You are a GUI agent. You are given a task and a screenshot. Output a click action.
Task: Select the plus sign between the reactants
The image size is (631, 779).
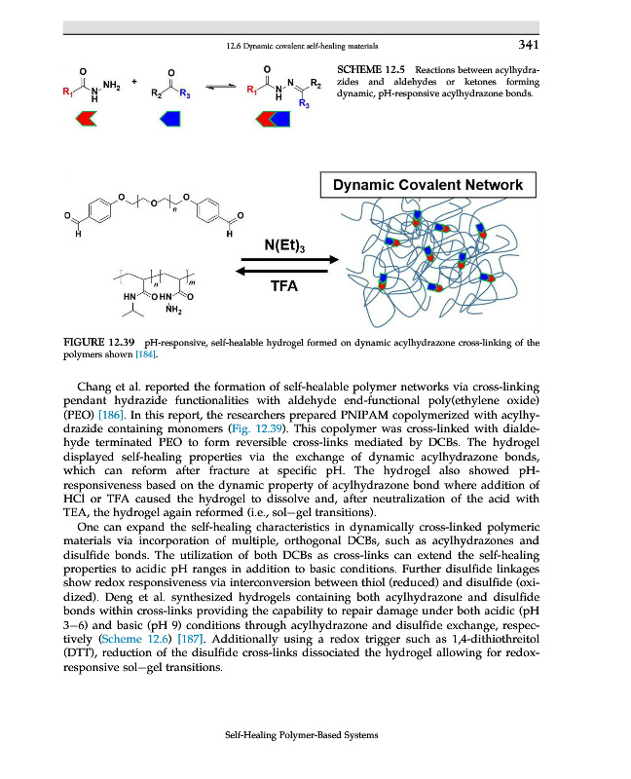135,81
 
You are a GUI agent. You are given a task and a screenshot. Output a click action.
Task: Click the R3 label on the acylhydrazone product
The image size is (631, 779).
305,104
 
